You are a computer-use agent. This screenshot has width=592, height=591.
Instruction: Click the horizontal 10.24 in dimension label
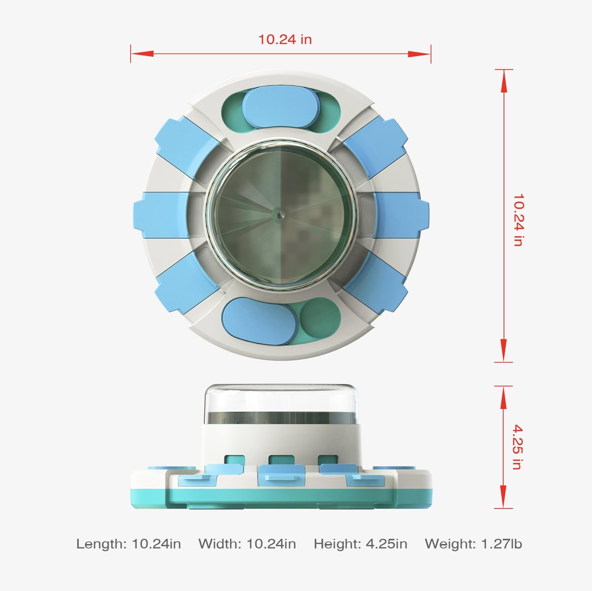[285, 39]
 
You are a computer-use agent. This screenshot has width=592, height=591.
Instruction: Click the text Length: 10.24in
[129, 544]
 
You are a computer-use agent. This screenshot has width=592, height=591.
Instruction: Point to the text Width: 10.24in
[247, 544]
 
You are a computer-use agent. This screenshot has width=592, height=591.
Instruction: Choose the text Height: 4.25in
[360, 544]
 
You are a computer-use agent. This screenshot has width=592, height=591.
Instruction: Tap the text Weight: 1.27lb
[473, 544]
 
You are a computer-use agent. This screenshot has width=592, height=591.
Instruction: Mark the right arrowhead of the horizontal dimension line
[420, 54]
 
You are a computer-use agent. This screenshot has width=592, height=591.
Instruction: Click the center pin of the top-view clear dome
[280, 214]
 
